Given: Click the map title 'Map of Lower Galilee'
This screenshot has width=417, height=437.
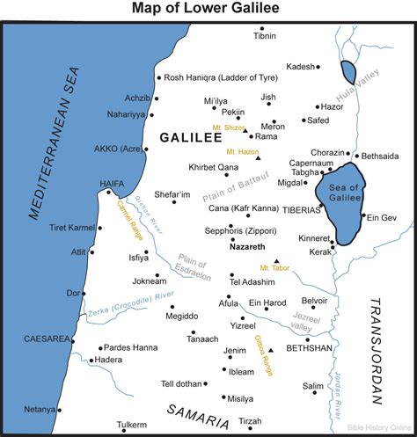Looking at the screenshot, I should click(208, 10).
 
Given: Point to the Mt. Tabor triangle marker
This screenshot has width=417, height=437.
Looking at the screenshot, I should click(276, 261).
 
